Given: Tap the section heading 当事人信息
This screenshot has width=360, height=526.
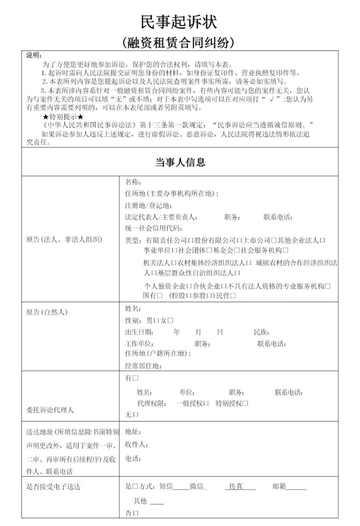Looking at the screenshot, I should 180,162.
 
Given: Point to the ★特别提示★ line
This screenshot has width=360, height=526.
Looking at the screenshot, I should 63,117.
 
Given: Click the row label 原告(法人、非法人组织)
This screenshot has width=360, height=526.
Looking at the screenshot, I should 64,240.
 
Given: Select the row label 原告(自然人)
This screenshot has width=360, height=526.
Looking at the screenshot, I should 47,312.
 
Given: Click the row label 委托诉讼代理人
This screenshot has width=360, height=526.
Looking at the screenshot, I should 50,410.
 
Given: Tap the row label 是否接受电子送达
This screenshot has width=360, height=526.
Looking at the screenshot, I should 53,487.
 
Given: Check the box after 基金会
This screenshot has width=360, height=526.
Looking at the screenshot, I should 236,250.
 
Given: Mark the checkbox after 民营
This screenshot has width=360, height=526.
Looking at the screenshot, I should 233,296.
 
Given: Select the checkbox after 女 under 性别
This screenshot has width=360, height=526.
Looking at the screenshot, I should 170,321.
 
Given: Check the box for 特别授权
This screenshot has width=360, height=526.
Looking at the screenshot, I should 245,403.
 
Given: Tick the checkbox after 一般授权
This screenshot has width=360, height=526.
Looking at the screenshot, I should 206,403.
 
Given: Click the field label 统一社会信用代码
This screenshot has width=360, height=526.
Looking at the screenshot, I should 153,228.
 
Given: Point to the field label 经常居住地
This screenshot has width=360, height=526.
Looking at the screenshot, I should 143,366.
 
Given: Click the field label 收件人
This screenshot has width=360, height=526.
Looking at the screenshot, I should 136,445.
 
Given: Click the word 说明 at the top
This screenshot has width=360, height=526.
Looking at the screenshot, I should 34,56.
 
